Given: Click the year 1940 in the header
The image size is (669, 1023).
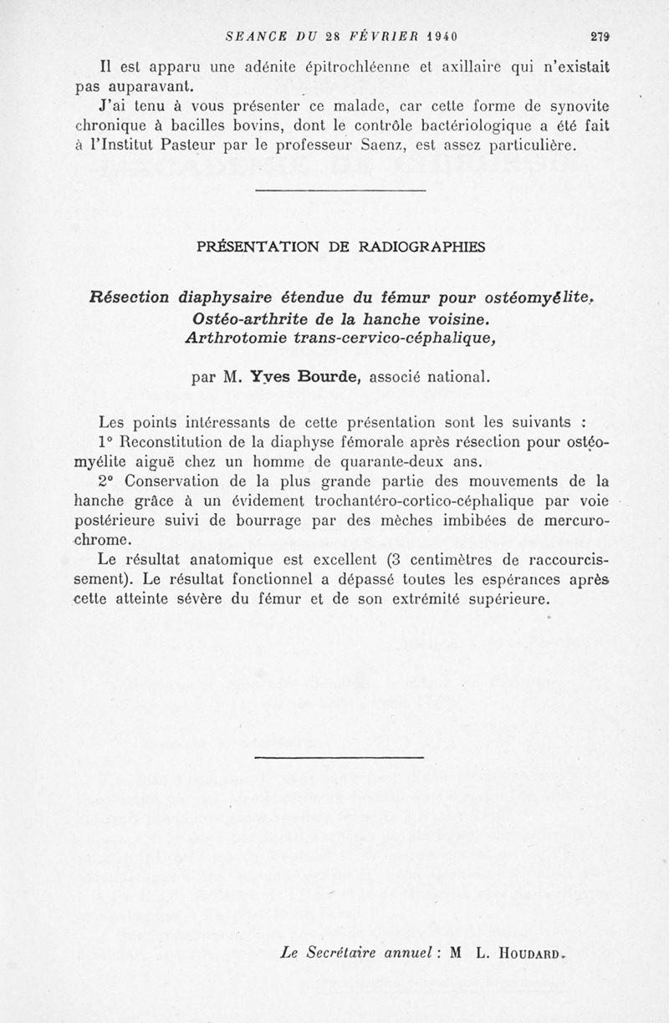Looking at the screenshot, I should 438,36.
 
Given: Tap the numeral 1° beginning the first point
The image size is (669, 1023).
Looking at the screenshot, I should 105,441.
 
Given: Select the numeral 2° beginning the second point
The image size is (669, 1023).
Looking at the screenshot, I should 105,482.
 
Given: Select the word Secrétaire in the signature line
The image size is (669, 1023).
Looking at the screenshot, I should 346,951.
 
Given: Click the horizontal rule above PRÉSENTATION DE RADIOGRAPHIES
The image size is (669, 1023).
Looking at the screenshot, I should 340,192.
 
